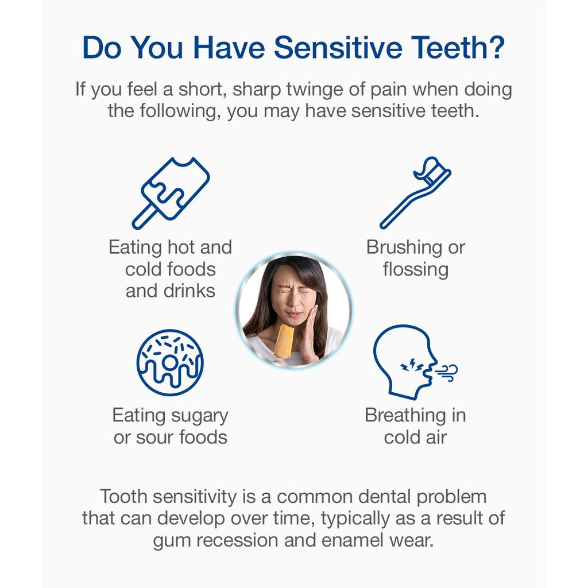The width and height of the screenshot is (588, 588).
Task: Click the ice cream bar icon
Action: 171,193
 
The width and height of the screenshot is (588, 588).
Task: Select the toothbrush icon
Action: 416,192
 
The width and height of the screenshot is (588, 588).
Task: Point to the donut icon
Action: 170,363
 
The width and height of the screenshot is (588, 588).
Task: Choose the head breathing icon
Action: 415,362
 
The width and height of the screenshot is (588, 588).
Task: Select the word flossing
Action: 416,270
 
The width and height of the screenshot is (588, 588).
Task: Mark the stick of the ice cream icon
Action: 144,216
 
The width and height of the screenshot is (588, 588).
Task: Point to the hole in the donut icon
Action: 169,363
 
